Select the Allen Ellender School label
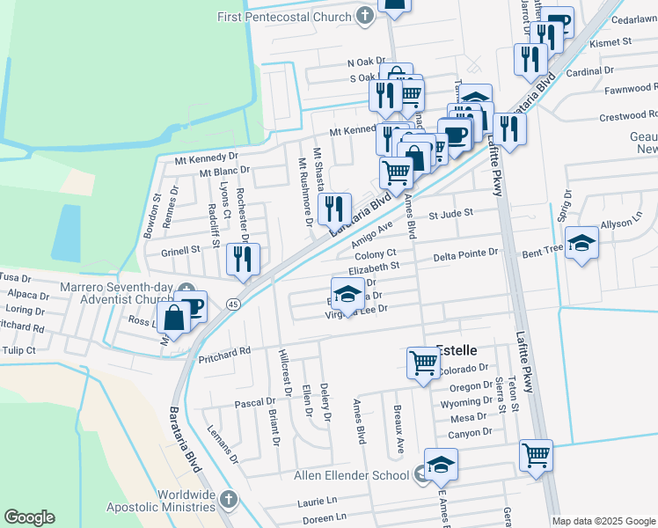[350, 475]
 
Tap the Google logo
[29, 517]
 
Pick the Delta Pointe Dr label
[466, 253]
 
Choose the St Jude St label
[450, 213]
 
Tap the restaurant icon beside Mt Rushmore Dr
[334, 209]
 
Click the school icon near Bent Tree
[581, 242]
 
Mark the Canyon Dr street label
[469, 432]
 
